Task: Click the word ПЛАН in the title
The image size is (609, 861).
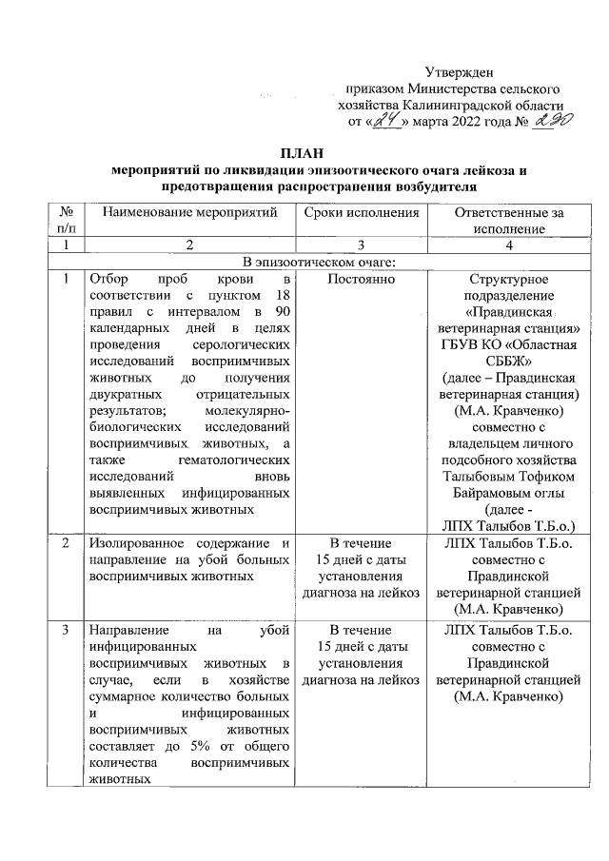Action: (x=303, y=153)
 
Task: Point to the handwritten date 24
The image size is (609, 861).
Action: (x=387, y=121)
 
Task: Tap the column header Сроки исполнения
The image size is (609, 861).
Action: (x=362, y=213)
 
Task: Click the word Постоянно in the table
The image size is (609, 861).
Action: (x=362, y=279)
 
